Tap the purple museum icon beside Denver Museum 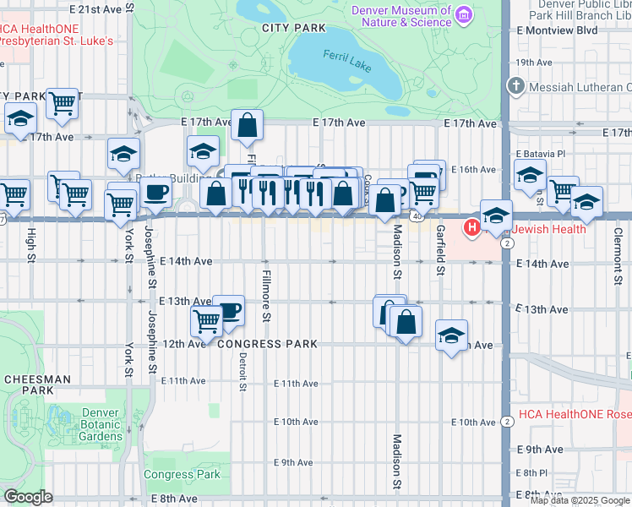[x=463, y=14]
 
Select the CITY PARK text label [x=293, y=28]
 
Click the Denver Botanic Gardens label [x=101, y=424]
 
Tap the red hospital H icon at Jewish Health [x=471, y=227]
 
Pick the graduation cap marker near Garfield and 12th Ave [x=451, y=335]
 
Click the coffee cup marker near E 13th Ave [x=228, y=309]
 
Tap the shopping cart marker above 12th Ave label [x=206, y=321]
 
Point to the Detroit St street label [x=242, y=372]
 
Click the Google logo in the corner [x=28, y=497]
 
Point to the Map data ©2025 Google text [x=580, y=500]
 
